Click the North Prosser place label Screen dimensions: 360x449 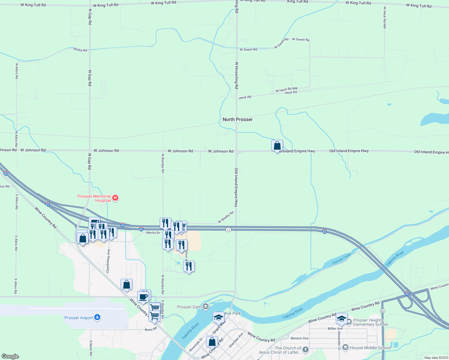click(237, 119)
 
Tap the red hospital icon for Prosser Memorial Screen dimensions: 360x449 click(115, 198)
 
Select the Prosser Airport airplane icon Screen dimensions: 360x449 click(97, 317)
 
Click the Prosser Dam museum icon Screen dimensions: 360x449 click(206, 307)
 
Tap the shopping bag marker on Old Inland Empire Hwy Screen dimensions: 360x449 click(277, 146)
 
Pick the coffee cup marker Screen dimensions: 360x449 click(143, 297)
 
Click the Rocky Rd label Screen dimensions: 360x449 click(80, 49)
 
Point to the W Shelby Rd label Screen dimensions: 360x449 click(226, 217)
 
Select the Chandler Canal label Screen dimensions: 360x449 click(341, 259)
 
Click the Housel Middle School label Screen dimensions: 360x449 click(370, 348)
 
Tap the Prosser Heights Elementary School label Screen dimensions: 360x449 click(370, 322)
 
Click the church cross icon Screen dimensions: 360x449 click(306, 349)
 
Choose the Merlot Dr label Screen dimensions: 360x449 click(153, 233)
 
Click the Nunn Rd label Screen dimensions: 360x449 click(151, 329)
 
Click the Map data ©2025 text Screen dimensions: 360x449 click(436, 358)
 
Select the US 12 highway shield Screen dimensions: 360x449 click(229, 229)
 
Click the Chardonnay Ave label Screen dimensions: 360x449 click(108, 261)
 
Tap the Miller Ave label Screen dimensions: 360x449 click(335, 328)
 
